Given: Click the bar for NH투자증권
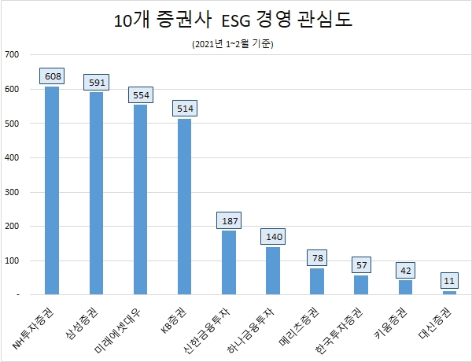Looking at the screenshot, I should (52, 190).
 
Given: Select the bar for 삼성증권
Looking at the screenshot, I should (96, 193).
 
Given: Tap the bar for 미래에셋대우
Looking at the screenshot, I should (140, 199).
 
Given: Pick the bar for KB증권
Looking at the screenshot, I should (184, 206).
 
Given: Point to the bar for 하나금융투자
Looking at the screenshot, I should (272, 270).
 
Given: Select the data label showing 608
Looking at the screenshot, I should (52, 76).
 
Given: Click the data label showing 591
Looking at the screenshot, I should (96, 82).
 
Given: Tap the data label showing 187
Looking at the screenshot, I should (228, 220).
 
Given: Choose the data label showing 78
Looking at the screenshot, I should (316, 258).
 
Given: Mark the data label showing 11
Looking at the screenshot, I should (449, 281).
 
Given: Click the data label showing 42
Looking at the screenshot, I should (404, 270).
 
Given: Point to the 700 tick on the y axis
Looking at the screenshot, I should (13, 54).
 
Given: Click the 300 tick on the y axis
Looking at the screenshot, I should (13, 192).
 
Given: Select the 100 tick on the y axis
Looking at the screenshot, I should (13, 260).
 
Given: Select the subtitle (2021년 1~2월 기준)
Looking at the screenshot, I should (235, 43).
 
